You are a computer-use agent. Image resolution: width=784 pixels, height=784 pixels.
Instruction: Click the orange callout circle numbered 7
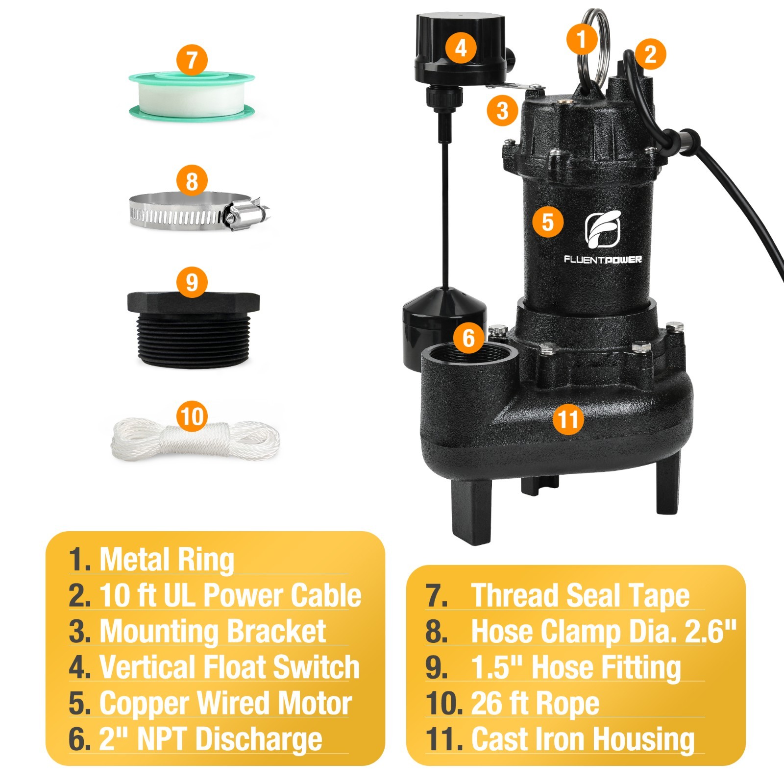pos(192,60)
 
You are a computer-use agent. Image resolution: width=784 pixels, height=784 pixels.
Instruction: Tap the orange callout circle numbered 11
pos(568,418)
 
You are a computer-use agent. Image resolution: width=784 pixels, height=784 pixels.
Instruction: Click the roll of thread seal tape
pos(192,98)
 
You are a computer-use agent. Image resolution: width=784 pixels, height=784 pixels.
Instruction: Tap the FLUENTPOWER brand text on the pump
pos(602,260)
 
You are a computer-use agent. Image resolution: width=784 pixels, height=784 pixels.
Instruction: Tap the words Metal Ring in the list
pos(167,559)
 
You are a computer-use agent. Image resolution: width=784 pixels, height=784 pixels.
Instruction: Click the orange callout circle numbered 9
pos(192,282)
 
